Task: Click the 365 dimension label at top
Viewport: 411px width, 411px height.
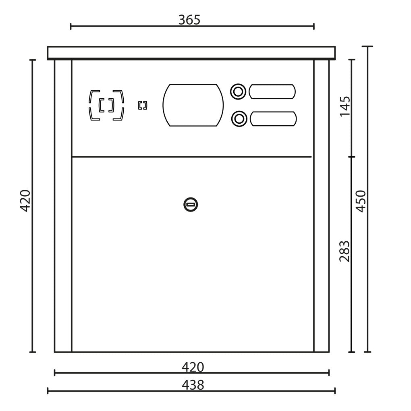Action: click(189, 20)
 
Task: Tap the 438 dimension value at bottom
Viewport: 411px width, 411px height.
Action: click(193, 385)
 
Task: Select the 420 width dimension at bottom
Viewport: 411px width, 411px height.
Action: click(193, 367)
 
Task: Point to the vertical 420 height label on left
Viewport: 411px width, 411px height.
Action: click(26, 201)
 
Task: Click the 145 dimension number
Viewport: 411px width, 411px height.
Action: click(345, 106)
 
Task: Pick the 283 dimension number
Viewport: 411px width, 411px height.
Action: click(345, 251)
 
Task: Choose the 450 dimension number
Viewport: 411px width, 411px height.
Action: click(361, 201)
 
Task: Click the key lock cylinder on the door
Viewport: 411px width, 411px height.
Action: click(191, 204)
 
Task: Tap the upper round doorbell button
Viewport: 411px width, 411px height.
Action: click(238, 92)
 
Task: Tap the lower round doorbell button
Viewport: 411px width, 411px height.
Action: click(239, 119)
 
